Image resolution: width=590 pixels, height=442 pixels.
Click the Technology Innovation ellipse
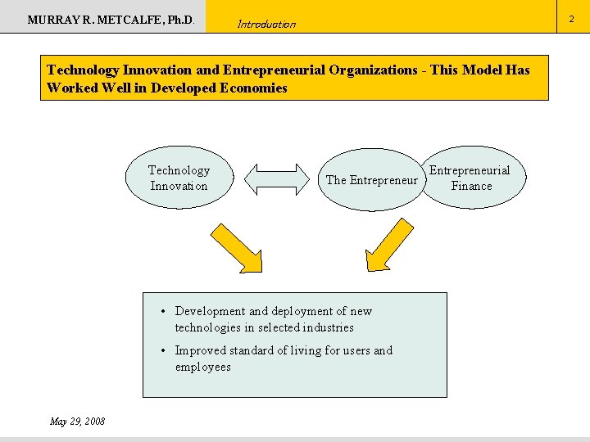pos(179,178)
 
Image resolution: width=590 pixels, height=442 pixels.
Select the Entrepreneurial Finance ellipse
pos(471,178)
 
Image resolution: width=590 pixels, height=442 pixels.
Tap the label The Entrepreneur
pos(371,180)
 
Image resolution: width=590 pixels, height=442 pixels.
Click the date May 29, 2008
pos(77,421)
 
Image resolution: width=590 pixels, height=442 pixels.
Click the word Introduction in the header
pos(266,24)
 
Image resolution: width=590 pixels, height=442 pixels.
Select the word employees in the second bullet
pos(203,367)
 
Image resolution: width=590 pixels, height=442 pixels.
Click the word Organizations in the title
pos(373,70)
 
